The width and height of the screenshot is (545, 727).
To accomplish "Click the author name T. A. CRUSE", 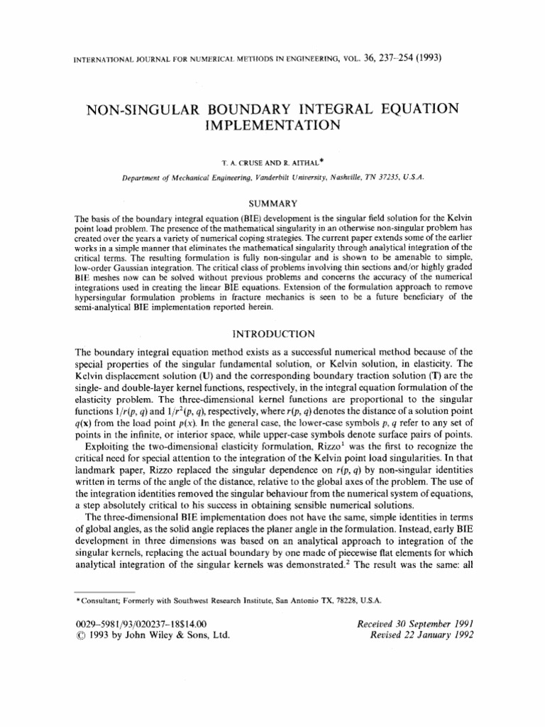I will tap(239, 163).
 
